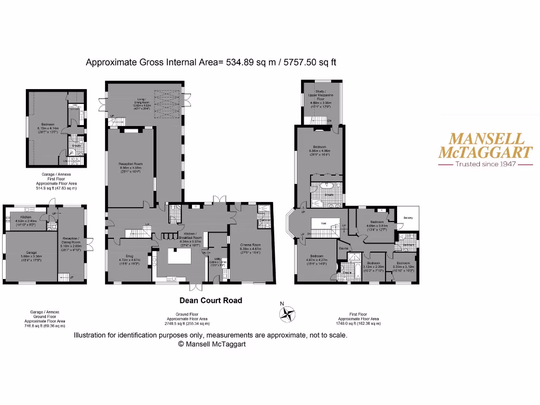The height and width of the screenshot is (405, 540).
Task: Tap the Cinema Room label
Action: (x=250, y=245)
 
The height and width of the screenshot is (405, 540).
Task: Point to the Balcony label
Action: (x=408, y=218)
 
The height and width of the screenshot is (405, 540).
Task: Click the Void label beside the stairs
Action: (x=325, y=223)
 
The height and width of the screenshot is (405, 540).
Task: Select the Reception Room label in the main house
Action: (x=130, y=164)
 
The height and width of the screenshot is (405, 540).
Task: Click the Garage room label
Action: (x=28, y=252)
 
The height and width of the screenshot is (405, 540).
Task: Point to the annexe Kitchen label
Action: (x=27, y=217)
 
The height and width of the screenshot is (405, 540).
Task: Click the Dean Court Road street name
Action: (x=211, y=301)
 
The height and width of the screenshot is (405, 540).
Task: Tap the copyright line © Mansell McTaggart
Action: (x=212, y=344)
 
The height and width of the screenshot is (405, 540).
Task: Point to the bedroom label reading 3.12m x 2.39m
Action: (x=373, y=263)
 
